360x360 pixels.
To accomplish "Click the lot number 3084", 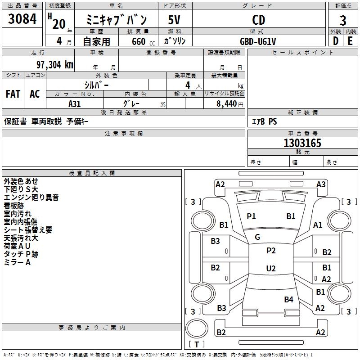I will [22, 20].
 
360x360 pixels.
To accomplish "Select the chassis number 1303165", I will [302, 144].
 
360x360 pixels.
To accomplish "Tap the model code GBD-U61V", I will [258, 41].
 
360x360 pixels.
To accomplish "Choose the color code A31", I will [75, 103].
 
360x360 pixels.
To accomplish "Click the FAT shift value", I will [13, 94].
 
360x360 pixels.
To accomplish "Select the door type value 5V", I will [175, 20].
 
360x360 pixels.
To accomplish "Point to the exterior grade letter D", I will [335, 41].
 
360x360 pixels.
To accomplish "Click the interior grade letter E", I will [350, 41].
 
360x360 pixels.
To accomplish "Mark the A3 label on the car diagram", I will [321, 184].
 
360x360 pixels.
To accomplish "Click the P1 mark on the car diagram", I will [251, 216].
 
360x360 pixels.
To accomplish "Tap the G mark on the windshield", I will [257, 237].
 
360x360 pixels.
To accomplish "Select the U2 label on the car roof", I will [270, 269].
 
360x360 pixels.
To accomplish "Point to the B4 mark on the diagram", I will [288, 299].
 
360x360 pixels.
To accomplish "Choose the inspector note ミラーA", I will [18, 262].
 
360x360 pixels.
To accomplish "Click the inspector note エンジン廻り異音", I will [31, 198].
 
